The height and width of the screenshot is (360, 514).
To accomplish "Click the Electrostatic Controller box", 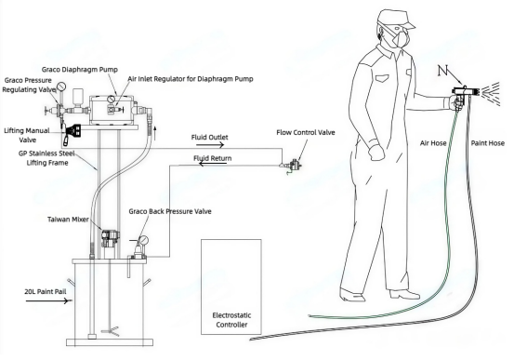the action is (231, 287).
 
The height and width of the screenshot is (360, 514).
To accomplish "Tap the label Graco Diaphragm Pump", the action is (80, 70).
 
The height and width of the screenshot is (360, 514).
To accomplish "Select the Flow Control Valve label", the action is (306, 133).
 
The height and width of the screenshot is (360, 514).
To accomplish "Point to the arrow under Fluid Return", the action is (213, 163).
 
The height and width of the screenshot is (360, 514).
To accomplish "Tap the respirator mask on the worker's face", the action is (401, 37).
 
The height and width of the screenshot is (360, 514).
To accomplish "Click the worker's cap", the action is (395, 19).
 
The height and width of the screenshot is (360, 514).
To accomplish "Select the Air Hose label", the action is (433, 143).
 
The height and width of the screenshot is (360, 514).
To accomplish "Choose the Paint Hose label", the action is (487, 143).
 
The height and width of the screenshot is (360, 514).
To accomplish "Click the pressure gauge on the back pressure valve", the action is (143, 241).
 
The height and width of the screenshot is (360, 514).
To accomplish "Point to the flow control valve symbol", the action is (293, 164).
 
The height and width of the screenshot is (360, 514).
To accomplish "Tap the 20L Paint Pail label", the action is (46, 291).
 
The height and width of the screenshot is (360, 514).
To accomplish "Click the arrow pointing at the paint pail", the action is (47, 300).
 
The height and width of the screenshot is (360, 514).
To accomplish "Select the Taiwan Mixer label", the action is (68, 220).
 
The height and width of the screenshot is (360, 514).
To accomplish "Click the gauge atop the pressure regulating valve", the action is (61, 87).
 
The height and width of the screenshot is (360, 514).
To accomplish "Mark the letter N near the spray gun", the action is (442, 71).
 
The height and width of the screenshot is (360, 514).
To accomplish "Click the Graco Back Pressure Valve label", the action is (170, 211).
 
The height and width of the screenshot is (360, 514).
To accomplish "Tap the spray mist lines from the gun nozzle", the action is (491, 94).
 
